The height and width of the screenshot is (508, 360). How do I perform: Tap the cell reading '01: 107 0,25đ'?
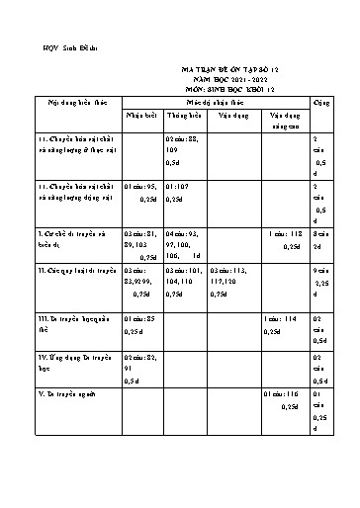(185, 190)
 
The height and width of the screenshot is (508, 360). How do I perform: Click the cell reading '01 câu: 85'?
(141, 319)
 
